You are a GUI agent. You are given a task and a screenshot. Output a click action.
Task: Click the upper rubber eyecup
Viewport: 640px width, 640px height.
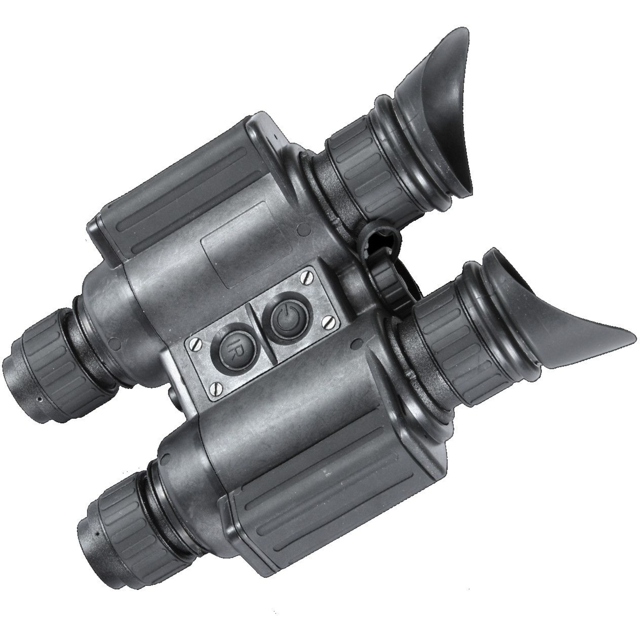(x=441, y=109)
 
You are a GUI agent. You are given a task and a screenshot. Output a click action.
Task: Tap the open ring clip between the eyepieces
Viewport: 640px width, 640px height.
(x=381, y=238)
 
